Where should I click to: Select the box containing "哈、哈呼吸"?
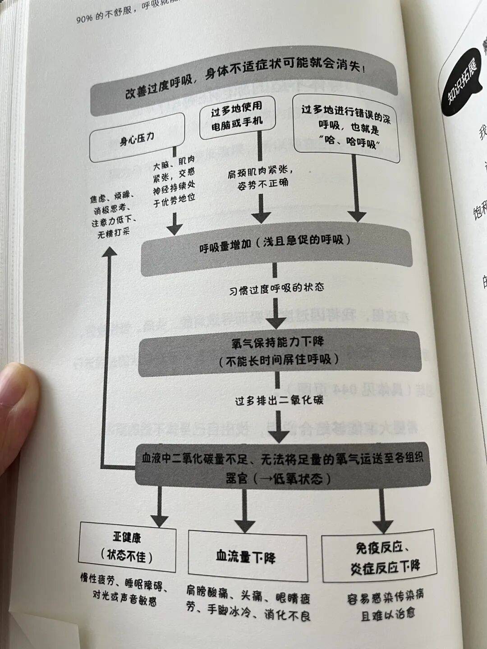tap(347, 128)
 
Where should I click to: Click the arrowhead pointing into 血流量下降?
tap(246, 525)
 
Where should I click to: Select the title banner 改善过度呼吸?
tap(243, 83)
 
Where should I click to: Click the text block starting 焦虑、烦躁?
tap(113, 215)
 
